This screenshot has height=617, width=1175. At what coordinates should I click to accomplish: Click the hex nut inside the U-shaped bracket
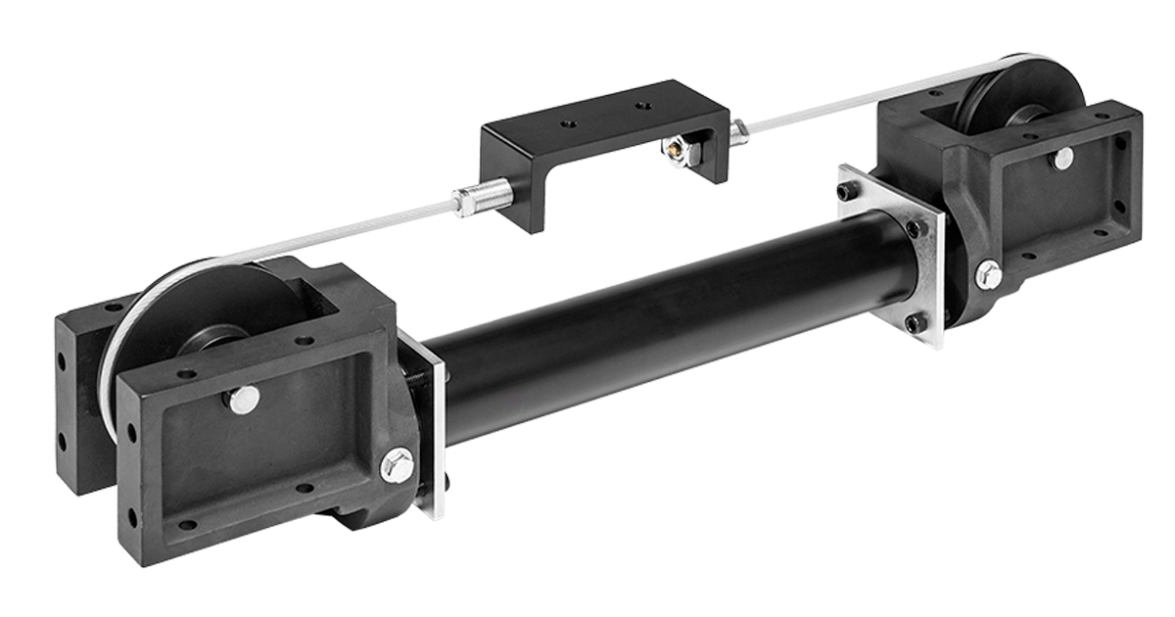[x=674, y=150]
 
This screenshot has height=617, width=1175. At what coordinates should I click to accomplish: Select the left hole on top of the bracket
[x=569, y=123]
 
